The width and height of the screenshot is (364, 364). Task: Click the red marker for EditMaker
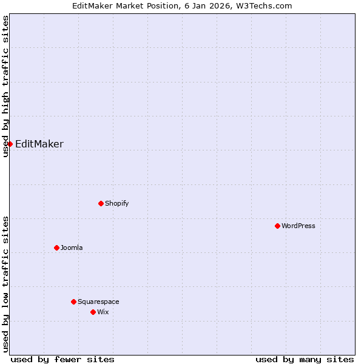coord(10,144)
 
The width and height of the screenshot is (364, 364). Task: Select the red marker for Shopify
coord(101,203)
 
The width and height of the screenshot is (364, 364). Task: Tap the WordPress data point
coord(277,226)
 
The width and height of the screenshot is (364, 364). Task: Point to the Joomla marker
coord(56,248)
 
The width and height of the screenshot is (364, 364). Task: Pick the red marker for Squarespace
coord(73,302)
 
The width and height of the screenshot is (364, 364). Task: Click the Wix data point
coord(93,312)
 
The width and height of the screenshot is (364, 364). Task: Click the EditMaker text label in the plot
coord(39,144)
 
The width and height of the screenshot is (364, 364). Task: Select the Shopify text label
coord(116,203)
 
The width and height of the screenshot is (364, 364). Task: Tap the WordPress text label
coord(298,226)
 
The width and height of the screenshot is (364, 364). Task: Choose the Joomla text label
coord(72,248)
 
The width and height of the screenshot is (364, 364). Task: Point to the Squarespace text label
coord(98,302)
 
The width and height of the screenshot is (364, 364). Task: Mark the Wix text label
coord(103,312)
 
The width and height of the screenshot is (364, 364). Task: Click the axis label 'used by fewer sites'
coord(62,359)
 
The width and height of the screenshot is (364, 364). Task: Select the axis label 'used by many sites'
coord(305,359)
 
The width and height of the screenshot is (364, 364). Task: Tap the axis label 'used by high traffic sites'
coord(6,86)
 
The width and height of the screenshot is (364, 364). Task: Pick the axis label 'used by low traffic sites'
coord(6,284)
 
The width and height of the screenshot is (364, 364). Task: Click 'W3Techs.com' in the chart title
coord(266,6)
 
